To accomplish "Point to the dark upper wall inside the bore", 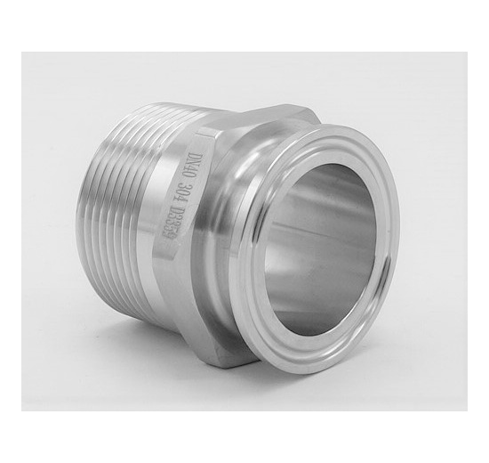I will (x=311, y=178).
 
